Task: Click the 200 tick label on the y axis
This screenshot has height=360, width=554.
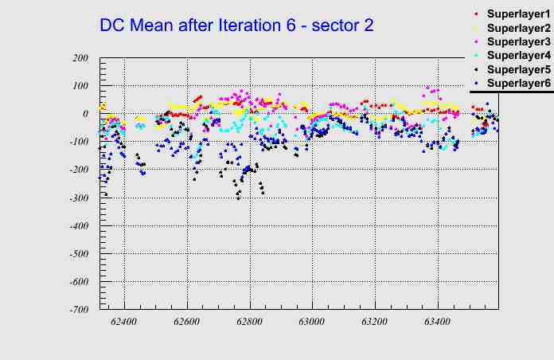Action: [x=80, y=58]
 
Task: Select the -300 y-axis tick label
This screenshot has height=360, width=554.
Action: [x=78, y=198]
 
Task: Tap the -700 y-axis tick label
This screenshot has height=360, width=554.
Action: [x=78, y=310]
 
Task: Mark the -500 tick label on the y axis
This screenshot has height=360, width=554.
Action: [x=78, y=254]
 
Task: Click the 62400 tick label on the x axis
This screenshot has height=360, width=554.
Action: [x=124, y=322]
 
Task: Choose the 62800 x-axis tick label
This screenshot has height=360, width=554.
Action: [x=249, y=322]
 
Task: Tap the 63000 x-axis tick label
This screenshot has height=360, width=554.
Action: [x=312, y=322]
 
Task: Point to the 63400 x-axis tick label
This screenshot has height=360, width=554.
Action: [x=437, y=322]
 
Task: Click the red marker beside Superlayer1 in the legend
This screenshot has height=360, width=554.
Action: [x=475, y=14]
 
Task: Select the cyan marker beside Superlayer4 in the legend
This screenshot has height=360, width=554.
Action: [x=475, y=56]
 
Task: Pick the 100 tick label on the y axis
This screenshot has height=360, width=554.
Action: [x=80, y=86]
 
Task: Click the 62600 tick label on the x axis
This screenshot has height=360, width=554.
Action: [x=187, y=322]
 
